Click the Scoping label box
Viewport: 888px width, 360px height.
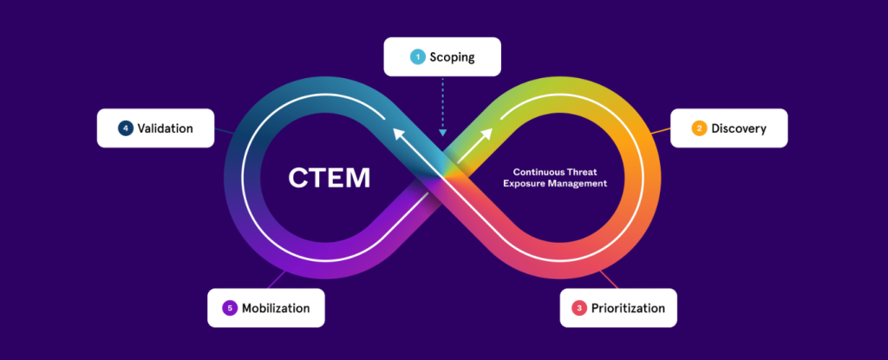coord(443,57)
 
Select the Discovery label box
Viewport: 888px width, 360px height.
coord(729,128)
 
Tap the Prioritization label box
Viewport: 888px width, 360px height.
coord(617,308)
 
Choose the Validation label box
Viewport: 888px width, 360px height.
coord(155,128)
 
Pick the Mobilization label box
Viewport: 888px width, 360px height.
coord(265,308)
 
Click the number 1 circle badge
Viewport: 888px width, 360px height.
coord(417,57)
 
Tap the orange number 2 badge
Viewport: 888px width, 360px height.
coord(698,128)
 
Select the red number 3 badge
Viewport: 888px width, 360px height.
coord(579,308)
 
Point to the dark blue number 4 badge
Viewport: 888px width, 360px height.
coord(126,128)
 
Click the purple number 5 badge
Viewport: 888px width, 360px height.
coord(229,308)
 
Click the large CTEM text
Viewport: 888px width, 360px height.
coord(329,179)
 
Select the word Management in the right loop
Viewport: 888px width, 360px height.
coord(581,184)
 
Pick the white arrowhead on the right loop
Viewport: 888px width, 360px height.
coord(486,134)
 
